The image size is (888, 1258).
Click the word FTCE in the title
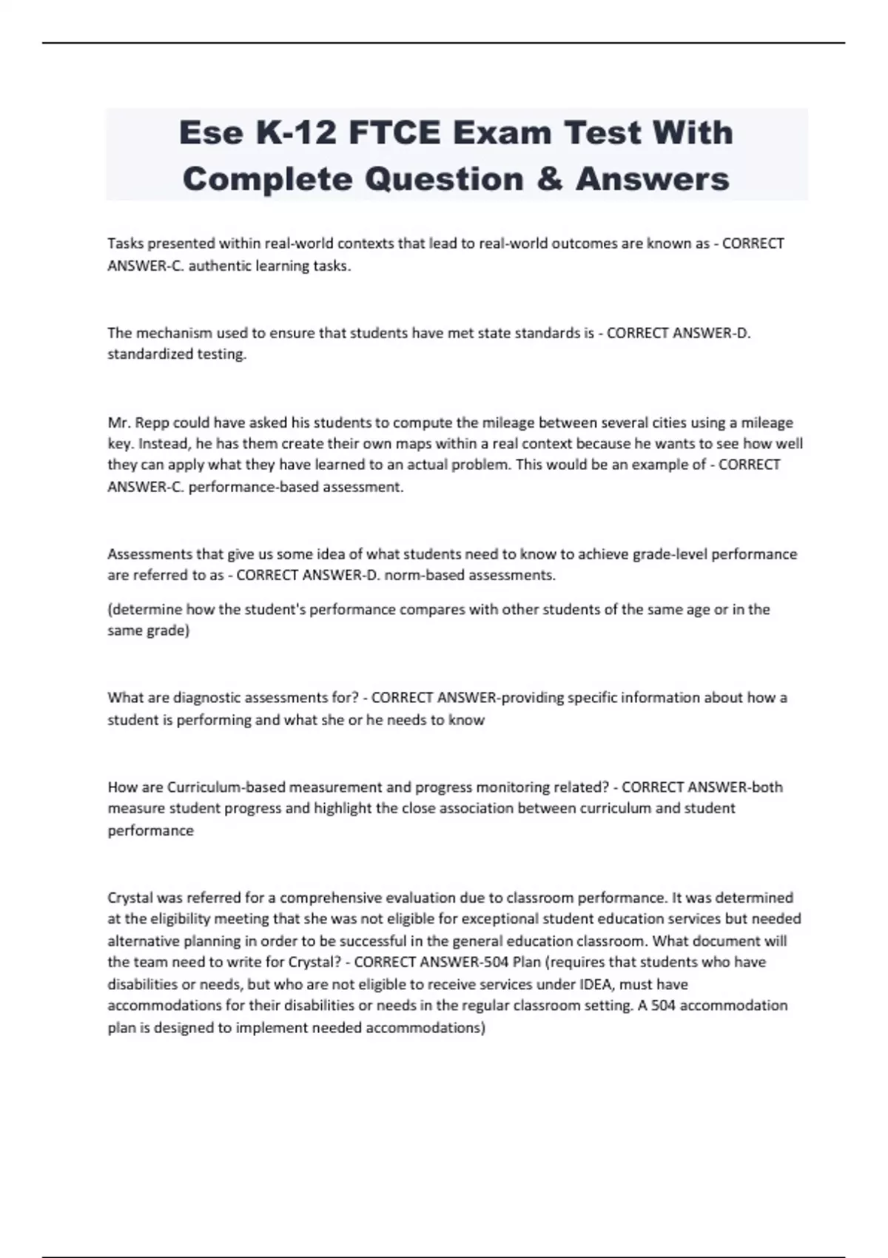pos(395,133)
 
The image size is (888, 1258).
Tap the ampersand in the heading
pos(549,179)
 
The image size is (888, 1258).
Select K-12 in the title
pos(295,133)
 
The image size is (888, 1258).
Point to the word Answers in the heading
pos(653,179)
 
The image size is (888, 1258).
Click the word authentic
pos(220,266)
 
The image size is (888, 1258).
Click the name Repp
pos(152,423)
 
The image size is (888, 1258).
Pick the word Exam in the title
pos(502,133)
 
